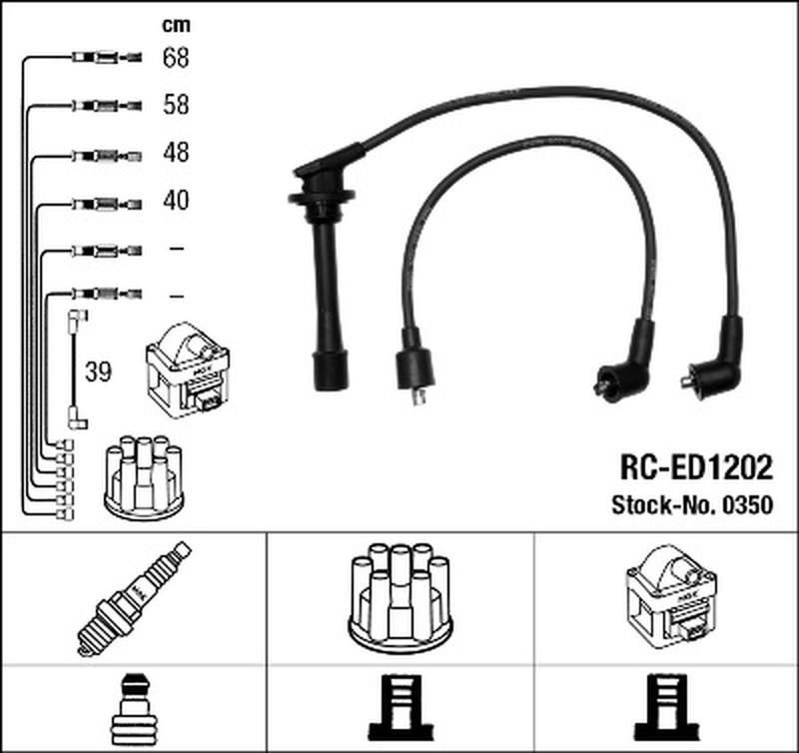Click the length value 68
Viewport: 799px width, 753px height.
point(176,58)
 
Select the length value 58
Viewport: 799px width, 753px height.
point(176,105)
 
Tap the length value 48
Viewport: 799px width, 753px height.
point(176,153)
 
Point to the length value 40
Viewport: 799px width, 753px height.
point(176,200)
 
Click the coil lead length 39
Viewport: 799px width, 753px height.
point(98,372)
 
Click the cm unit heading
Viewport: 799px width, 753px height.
point(176,25)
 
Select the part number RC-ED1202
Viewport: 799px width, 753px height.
point(696,467)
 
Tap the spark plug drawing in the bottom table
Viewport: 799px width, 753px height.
point(134,598)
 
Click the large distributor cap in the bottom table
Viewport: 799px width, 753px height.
point(400,598)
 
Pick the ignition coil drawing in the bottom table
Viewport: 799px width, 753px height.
point(671,597)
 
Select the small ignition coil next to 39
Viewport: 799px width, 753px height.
point(188,371)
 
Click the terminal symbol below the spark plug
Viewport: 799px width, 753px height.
point(134,709)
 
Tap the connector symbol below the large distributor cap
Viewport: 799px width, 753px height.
point(400,708)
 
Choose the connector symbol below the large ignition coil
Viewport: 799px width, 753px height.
point(667,708)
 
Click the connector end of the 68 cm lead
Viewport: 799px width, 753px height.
point(107,57)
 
